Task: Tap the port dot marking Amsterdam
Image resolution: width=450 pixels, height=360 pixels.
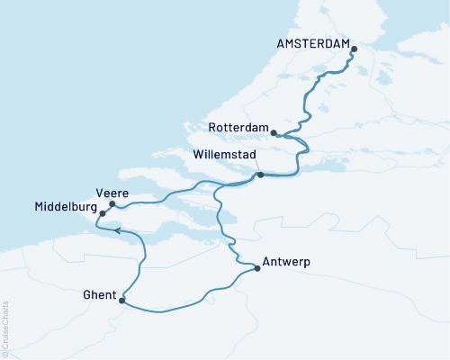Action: tap(354, 49)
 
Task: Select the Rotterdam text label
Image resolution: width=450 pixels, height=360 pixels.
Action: tap(238, 128)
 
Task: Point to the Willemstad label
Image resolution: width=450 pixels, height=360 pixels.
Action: tap(229, 155)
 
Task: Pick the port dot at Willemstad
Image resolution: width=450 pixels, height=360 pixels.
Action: tap(260, 175)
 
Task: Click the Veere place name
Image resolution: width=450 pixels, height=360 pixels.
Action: tap(111, 192)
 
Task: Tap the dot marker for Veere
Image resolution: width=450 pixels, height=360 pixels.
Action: tap(112, 204)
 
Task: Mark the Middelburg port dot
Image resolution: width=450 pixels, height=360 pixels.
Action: tap(103, 214)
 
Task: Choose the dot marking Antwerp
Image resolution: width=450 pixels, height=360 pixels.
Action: tap(257, 267)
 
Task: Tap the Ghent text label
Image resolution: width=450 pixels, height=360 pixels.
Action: tap(99, 294)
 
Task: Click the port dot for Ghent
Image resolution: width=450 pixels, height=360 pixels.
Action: tap(121, 301)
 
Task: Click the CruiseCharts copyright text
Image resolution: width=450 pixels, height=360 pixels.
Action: tap(6, 328)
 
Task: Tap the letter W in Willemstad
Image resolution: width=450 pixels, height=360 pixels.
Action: tap(199, 155)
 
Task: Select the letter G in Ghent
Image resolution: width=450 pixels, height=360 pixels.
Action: tap(86, 294)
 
